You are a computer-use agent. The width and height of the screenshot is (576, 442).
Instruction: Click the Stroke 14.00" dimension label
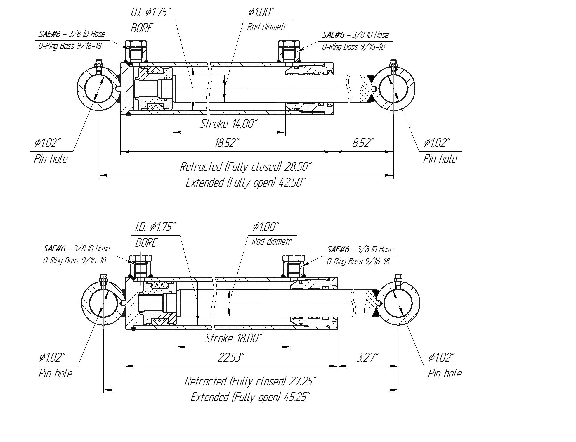point(229,124)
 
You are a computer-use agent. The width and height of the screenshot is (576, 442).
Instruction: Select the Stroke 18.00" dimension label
point(233,338)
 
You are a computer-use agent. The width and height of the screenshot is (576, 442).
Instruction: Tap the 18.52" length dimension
point(227,143)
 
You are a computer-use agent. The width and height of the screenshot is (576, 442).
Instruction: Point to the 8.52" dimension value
point(363,143)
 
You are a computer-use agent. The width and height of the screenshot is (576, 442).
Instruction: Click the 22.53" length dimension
point(231,358)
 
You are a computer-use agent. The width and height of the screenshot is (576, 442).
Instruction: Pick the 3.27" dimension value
point(367,358)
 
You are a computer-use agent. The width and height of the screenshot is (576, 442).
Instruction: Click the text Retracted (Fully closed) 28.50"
point(246,167)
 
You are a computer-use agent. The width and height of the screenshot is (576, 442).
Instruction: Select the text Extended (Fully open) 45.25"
point(250,397)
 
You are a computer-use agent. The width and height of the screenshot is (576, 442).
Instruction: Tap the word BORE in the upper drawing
point(141,28)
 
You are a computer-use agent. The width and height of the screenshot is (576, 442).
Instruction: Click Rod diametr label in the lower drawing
point(272,241)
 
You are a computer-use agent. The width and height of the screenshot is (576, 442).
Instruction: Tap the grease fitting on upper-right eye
point(393,67)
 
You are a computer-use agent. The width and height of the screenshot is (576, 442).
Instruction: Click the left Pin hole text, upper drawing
point(51,159)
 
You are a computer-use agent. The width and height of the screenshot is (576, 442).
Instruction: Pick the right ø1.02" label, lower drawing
point(442,358)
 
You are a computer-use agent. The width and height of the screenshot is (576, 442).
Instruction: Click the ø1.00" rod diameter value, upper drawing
point(261,13)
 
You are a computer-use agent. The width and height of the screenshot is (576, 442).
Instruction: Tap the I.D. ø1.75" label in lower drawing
point(155,227)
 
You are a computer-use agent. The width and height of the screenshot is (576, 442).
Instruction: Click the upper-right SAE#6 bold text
point(334,35)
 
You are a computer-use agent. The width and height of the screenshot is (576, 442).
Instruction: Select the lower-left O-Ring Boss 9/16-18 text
point(74,260)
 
